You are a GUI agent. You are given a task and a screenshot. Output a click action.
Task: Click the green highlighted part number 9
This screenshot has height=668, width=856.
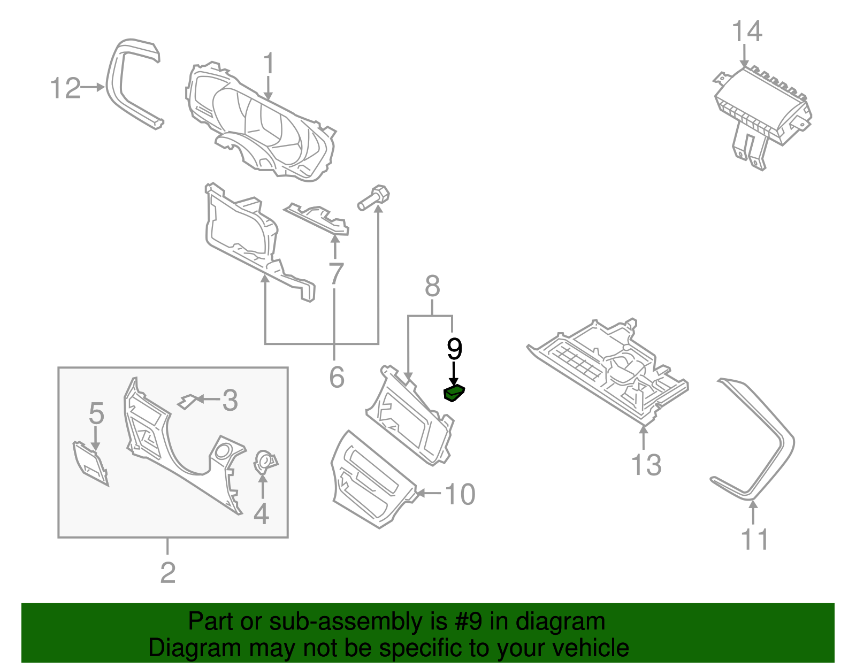click(x=454, y=394)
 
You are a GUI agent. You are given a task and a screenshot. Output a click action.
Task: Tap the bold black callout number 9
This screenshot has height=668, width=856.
click(x=454, y=350)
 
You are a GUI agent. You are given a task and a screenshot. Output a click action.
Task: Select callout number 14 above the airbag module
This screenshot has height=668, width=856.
click(x=746, y=32)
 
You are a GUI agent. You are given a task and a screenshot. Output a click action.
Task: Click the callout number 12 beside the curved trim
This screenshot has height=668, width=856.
click(x=65, y=88)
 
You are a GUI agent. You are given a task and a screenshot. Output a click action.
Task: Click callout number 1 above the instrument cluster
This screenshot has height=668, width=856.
click(x=269, y=64)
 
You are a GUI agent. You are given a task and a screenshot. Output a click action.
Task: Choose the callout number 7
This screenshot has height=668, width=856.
click(x=335, y=274)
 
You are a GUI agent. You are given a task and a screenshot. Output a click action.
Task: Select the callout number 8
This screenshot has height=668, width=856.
click(x=432, y=287)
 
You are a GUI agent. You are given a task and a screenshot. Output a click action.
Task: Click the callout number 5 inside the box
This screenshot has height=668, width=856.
click(x=96, y=413)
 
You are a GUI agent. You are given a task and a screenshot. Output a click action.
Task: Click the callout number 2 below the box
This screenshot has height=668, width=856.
click(x=168, y=573)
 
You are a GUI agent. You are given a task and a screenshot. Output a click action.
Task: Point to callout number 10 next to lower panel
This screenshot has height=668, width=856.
click(x=460, y=494)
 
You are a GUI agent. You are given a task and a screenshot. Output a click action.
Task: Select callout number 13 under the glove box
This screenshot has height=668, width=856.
click(x=646, y=465)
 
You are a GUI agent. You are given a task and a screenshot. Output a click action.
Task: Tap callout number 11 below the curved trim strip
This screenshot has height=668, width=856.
click(x=755, y=539)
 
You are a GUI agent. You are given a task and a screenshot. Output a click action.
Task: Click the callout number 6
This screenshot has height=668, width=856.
click(x=337, y=378)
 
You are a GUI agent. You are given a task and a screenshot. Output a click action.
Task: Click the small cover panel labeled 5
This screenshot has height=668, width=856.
click(x=90, y=462)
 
